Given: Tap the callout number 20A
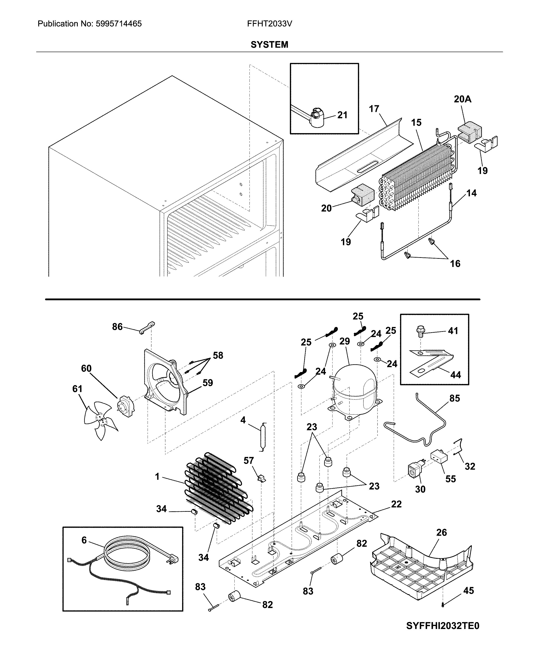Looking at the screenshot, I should [x=462, y=99].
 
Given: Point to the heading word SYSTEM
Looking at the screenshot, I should [x=269, y=45].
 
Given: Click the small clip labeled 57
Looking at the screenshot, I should [x=261, y=479].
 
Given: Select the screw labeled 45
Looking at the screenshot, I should [x=442, y=605].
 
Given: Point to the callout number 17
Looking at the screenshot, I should [x=374, y=109].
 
